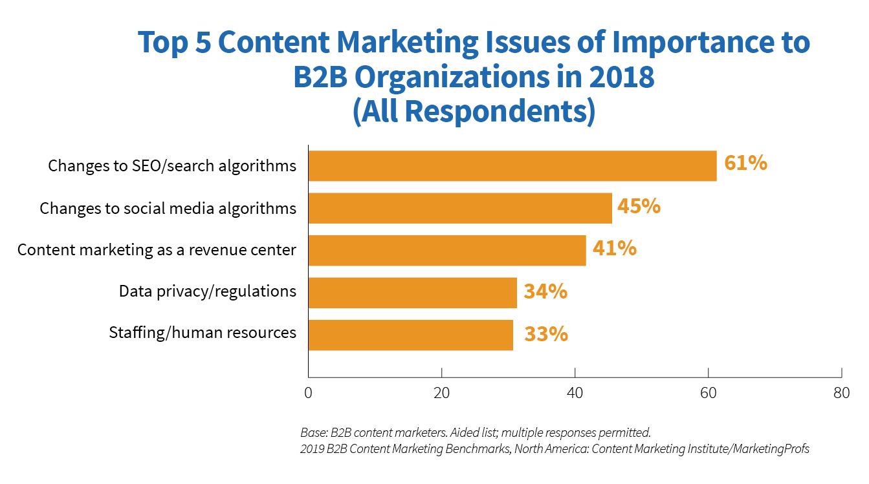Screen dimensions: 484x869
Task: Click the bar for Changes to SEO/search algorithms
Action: tap(512, 165)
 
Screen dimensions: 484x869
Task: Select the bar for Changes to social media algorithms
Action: tap(459, 208)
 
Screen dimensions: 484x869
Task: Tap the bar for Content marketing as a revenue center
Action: tap(446, 250)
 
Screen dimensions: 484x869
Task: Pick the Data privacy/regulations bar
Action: tap(412, 293)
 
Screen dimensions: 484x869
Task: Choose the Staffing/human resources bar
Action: tap(410, 335)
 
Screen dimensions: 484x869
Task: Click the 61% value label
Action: tap(745, 163)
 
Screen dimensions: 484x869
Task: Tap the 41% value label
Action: tap(613, 248)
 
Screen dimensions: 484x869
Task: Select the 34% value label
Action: tap(545, 291)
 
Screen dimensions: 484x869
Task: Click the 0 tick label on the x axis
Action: tap(308, 393)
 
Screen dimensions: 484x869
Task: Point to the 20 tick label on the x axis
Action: tap(441, 393)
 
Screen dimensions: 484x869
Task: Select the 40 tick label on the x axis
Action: tap(575, 393)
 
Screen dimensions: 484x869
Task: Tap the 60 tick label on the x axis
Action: tap(708, 393)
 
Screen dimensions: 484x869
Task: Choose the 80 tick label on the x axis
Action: tap(841, 393)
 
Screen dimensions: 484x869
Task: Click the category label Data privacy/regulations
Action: tap(207, 291)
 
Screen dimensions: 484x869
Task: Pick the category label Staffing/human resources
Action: tap(203, 333)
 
